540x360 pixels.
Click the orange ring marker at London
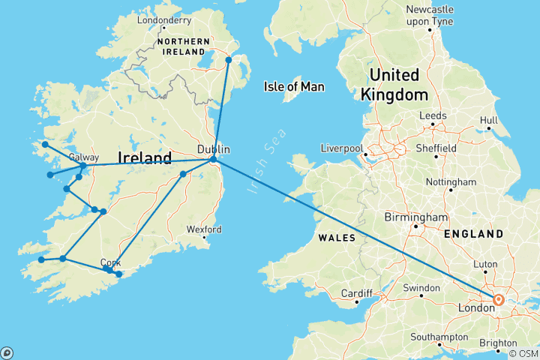498,300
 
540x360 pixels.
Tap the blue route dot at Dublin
213,159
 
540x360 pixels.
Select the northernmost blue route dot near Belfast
229,58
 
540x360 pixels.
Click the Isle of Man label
294,87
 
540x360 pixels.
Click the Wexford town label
203,229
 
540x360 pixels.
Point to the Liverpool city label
343,147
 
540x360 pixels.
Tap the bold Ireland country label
145,157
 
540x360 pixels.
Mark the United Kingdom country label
394,84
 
